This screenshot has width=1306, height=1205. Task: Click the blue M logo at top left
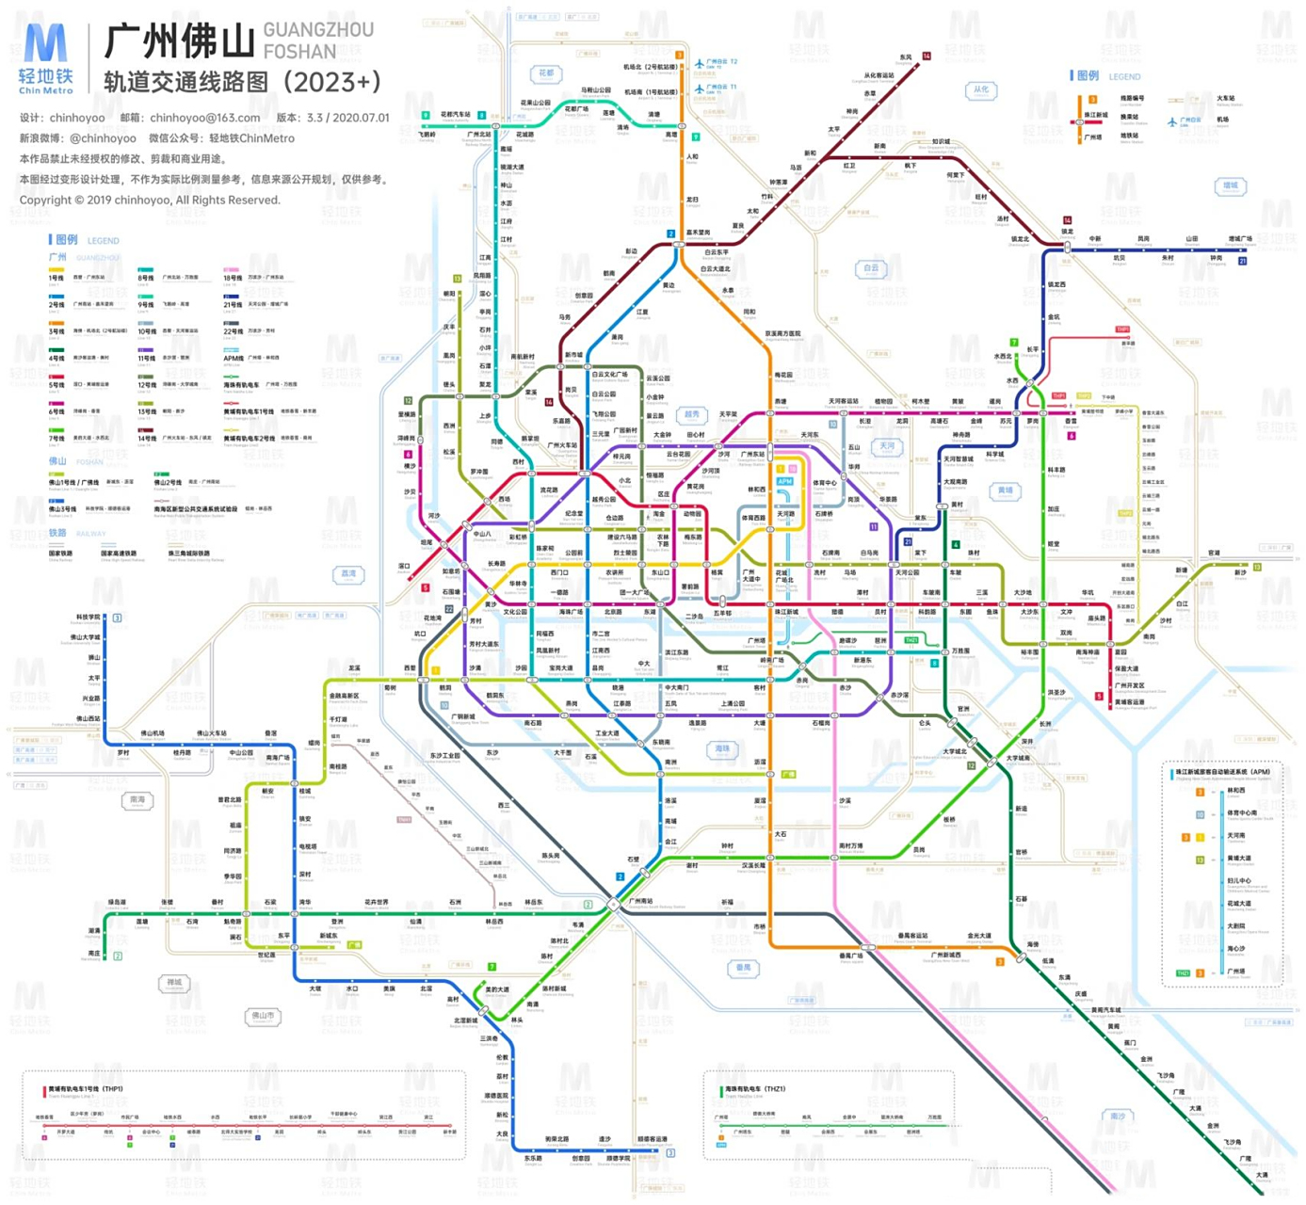tap(44, 47)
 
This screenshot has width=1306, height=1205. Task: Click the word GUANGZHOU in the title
tap(318, 30)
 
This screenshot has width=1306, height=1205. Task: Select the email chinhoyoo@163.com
tap(204, 118)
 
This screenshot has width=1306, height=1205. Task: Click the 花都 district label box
tap(546, 73)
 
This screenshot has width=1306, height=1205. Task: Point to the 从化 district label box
tap(981, 90)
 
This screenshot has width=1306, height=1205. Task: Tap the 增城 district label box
tap(1230, 186)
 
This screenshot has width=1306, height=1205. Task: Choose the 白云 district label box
tap(871, 268)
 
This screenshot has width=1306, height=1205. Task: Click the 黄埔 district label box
tap(1005, 490)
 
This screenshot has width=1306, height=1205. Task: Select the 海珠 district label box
tap(722, 749)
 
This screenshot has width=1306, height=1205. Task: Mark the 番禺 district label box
tap(743, 967)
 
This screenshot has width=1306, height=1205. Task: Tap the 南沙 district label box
tap(1117, 1116)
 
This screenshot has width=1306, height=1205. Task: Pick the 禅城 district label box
tap(174, 983)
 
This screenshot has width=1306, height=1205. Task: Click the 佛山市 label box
tap(263, 1016)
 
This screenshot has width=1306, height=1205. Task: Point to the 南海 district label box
tap(137, 800)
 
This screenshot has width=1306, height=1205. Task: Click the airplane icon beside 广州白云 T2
tap(699, 64)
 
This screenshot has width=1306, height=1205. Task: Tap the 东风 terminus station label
tap(906, 57)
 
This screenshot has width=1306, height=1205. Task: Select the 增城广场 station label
tap(1240, 239)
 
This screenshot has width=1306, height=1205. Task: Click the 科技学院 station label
tap(87, 618)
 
